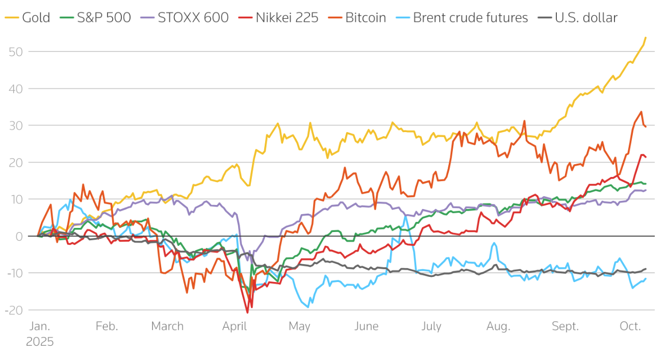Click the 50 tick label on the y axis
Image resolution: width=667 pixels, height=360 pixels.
point(15,52)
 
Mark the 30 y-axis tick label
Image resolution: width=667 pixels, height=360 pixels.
point(15,125)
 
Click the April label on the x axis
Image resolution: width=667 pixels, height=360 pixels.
point(235,326)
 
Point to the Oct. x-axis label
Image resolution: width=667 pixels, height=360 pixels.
point(630,326)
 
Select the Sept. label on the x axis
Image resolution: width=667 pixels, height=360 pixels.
point(566,326)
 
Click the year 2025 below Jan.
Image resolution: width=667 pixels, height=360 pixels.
point(40,342)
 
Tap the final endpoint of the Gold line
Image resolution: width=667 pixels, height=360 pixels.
point(646,37)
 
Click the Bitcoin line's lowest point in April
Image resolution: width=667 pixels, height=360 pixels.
point(247,313)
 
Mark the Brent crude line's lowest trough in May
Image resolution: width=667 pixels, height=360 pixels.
point(308,307)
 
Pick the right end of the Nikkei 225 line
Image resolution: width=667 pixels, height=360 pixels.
point(646,157)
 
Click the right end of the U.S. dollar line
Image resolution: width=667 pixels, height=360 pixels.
point(646,269)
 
